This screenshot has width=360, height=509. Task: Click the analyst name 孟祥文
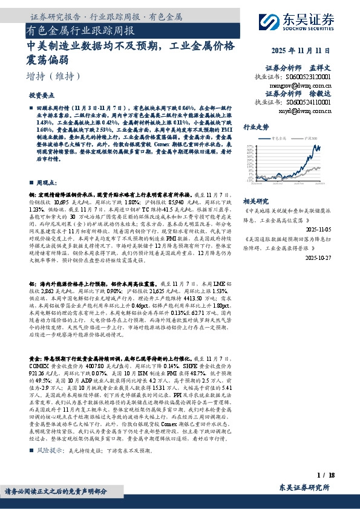(321, 69)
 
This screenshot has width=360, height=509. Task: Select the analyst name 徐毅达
(321, 94)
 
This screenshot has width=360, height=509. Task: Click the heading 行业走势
(256, 128)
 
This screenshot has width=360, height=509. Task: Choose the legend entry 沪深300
(310, 139)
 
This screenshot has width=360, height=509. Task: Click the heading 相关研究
(255, 201)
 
